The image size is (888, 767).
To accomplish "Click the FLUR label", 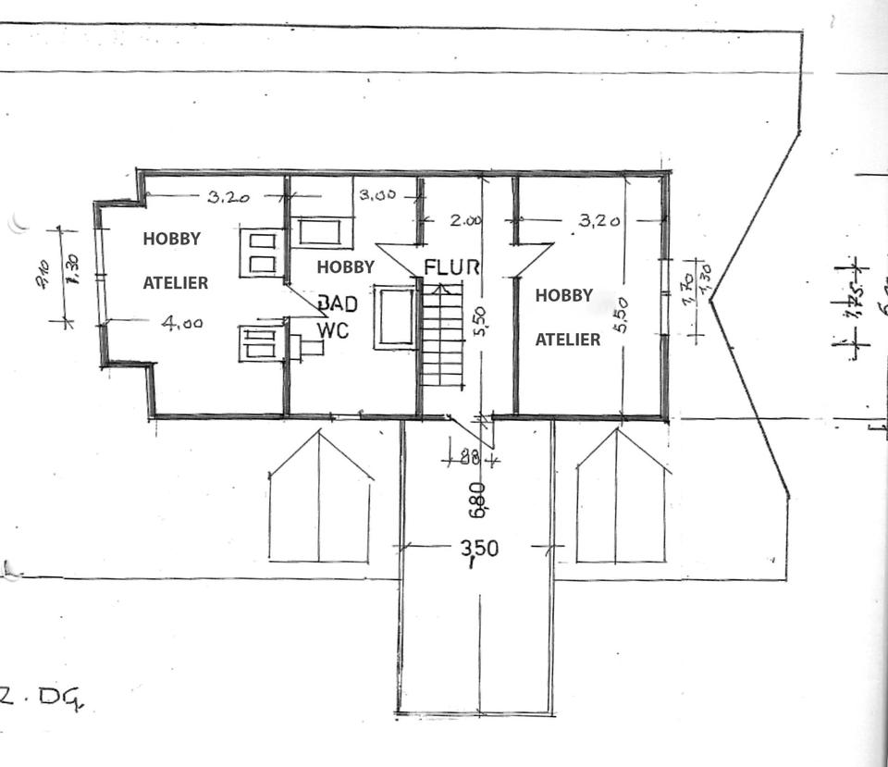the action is [x=452, y=267].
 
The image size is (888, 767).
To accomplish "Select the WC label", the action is [x=333, y=329].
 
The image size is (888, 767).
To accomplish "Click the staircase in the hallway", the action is [x=442, y=334].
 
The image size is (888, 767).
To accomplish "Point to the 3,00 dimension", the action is [x=377, y=195].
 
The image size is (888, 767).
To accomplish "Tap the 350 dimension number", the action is [x=479, y=548].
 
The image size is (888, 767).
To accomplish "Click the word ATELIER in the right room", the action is [x=568, y=340].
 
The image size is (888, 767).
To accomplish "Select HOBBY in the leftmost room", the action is [x=171, y=239].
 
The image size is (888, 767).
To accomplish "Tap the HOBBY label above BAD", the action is [x=346, y=267].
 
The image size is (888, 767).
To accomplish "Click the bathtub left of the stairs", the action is [x=396, y=318].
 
